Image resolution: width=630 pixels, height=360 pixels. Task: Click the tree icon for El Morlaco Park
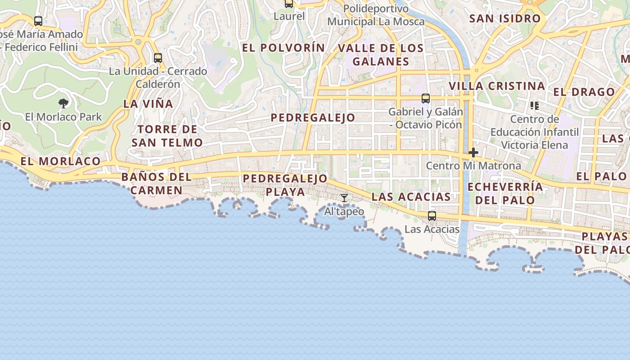tap(63, 103)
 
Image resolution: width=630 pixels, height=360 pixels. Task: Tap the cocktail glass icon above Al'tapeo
tap(344, 198)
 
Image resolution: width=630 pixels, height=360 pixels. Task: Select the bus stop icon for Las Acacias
tap(432, 216)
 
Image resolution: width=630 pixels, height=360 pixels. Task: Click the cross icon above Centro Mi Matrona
tap(473, 153)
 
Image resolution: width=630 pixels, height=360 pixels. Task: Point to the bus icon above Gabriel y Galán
tap(426, 99)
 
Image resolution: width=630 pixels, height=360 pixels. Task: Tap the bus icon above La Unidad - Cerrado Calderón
tap(157, 58)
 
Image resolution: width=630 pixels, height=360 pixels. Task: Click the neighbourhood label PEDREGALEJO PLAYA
tap(285, 185)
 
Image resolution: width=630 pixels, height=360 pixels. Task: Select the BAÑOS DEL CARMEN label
tap(157, 184)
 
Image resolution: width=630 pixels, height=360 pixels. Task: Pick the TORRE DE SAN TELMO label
tap(167, 136)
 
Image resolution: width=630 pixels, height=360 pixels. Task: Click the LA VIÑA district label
tap(148, 103)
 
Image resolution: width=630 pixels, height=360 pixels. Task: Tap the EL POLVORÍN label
tap(283, 48)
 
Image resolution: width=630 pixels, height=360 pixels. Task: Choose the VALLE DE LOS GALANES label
tap(381, 54)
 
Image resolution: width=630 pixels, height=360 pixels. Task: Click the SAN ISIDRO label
tap(504, 18)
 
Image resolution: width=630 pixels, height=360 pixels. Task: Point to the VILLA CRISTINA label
tap(497, 86)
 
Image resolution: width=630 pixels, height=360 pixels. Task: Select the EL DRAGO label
tap(584, 92)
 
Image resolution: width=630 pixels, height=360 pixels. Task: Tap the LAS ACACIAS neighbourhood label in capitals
tap(411, 197)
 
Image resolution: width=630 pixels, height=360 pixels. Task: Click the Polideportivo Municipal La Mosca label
tap(376, 15)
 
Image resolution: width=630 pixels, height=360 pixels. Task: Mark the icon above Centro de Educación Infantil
tap(535, 106)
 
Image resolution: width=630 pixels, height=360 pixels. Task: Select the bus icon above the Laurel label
tap(289, 4)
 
